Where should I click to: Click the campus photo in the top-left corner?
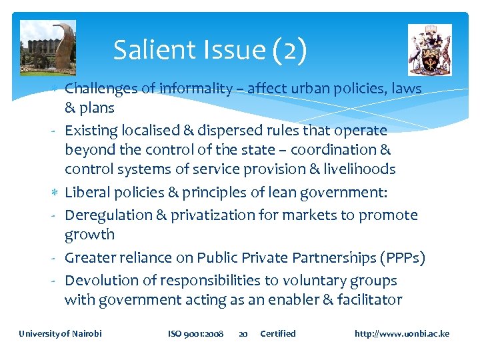[x=48, y=47]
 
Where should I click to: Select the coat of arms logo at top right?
[x=429, y=50]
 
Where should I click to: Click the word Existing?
[x=93, y=130]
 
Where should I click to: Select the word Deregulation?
[x=111, y=215]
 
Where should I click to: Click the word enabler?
[x=287, y=299]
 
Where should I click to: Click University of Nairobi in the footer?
[x=61, y=333]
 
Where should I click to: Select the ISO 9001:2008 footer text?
[x=195, y=333]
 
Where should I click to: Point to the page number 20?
[x=243, y=333]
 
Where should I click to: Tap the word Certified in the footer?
[x=278, y=333]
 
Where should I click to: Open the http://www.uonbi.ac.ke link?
[x=402, y=333]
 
